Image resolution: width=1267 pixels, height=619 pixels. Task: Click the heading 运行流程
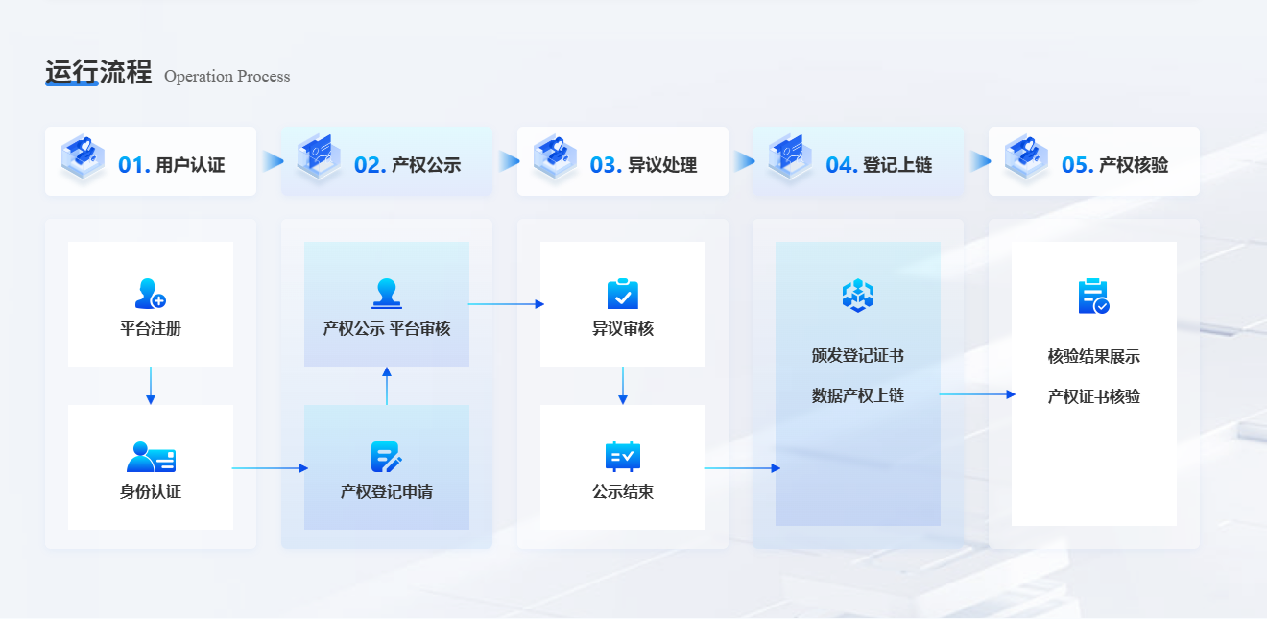click(x=99, y=73)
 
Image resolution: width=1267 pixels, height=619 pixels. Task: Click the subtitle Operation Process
click(x=227, y=77)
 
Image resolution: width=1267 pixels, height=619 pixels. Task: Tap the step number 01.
click(x=133, y=165)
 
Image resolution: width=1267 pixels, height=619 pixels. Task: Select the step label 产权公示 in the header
click(x=426, y=165)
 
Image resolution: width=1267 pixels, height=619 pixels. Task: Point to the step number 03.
click(x=606, y=165)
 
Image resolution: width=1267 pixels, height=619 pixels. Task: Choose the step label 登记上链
click(x=897, y=165)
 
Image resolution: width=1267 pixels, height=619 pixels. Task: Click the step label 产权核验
click(x=1134, y=165)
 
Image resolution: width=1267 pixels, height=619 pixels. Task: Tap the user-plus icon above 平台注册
click(x=151, y=294)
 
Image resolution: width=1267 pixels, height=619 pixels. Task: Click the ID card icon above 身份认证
click(x=151, y=457)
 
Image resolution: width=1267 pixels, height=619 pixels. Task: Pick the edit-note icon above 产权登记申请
click(x=387, y=457)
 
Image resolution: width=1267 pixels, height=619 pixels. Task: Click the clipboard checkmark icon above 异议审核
click(x=623, y=294)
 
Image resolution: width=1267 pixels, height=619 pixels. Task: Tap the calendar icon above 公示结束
click(x=623, y=457)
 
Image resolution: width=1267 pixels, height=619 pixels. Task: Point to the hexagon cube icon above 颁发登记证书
click(x=858, y=296)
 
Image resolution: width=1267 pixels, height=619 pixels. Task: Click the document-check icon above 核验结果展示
click(x=1093, y=297)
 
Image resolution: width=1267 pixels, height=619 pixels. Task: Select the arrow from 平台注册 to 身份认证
click(x=151, y=386)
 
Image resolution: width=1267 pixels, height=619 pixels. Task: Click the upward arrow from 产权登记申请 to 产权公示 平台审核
click(x=387, y=386)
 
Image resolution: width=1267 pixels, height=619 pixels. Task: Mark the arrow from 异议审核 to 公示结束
click(x=623, y=386)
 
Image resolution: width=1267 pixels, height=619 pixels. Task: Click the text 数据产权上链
click(x=858, y=395)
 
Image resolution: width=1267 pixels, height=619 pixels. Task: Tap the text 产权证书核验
click(x=1094, y=396)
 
